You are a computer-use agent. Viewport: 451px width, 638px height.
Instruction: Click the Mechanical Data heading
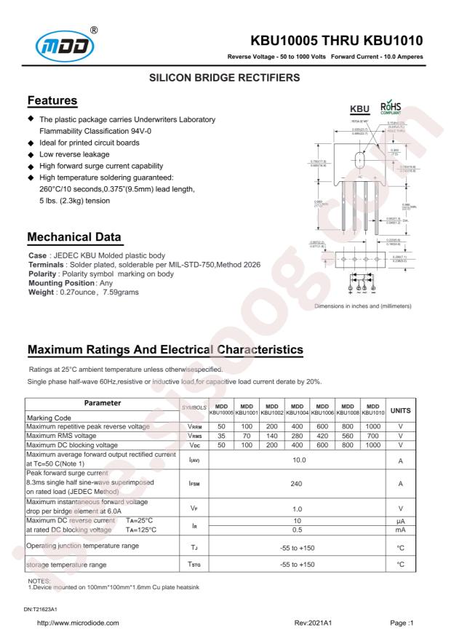pyautogui.click(x=73, y=236)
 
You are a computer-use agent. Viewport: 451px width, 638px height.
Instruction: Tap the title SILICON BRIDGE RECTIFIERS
pyautogui.click(x=225, y=76)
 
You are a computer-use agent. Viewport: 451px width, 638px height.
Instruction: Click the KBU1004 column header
pyautogui.click(x=298, y=411)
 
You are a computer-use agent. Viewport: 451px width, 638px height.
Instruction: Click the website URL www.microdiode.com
pyautogui.click(x=77, y=623)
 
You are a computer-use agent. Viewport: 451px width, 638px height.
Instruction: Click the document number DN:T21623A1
pyautogui.click(x=44, y=607)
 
